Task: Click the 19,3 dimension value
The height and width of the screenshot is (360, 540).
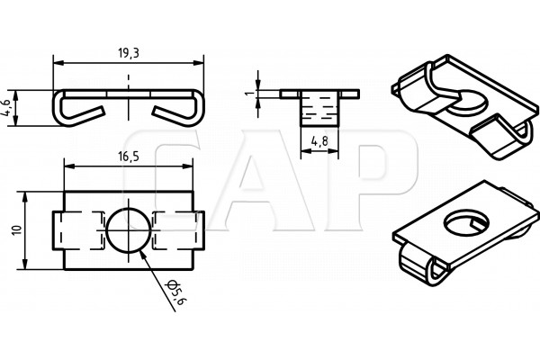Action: (x=129, y=53)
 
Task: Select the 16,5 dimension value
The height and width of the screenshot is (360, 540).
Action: (x=129, y=157)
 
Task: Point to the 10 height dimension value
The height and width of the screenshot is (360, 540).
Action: (x=16, y=230)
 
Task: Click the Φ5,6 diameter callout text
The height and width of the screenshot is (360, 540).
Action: (x=176, y=292)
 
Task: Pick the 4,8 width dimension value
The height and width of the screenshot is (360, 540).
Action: (x=319, y=141)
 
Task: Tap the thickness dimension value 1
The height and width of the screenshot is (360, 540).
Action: (x=251, y=93)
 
